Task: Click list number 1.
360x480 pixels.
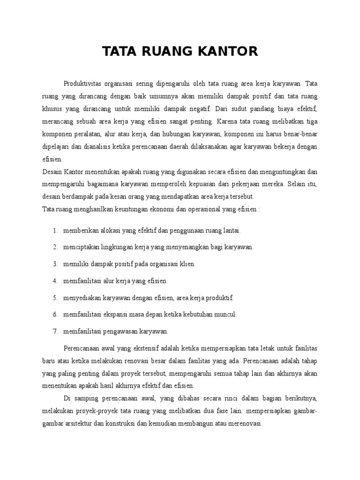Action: tap(55, 231)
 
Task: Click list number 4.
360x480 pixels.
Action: tap(55, 281)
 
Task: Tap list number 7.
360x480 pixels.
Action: tap(55, 331)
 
